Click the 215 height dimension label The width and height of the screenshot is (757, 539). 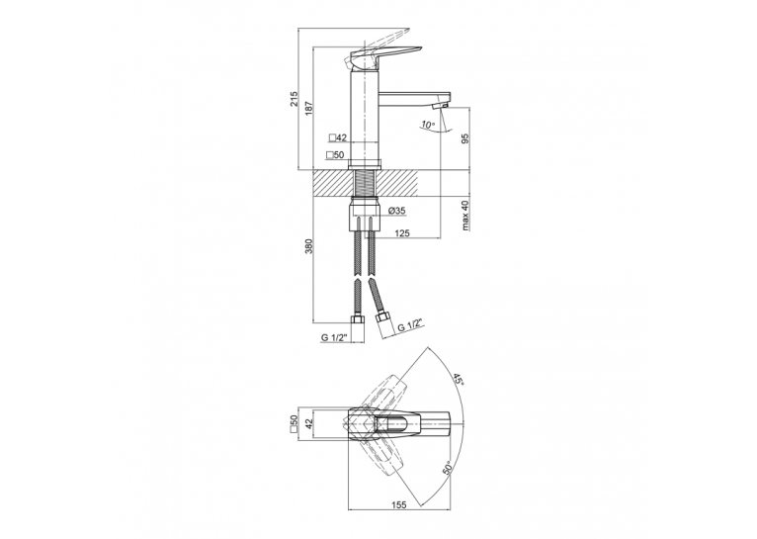pyautogui.click(x=294, y=100)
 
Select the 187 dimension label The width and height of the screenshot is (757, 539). pyautogui.click(x=309, y=109)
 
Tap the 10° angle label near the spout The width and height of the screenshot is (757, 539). pyautogui.click(x=428, y=125)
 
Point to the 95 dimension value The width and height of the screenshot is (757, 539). pyautogui.click(x=464, y=138)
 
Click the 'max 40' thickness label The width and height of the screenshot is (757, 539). pyautogui.click(x=464, y=216)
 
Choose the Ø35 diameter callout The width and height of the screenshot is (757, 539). pyautogui.click(x=397, y=211)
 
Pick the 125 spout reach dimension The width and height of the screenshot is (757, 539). pyautogui.click(x=402, y=233)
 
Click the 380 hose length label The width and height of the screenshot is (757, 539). pyautogui.click(x=309, y=246)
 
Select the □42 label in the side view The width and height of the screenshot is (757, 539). pyautogui.click(x=338, y=137)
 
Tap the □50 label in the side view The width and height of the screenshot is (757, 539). pyautogui.click(x=335, y=155)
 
